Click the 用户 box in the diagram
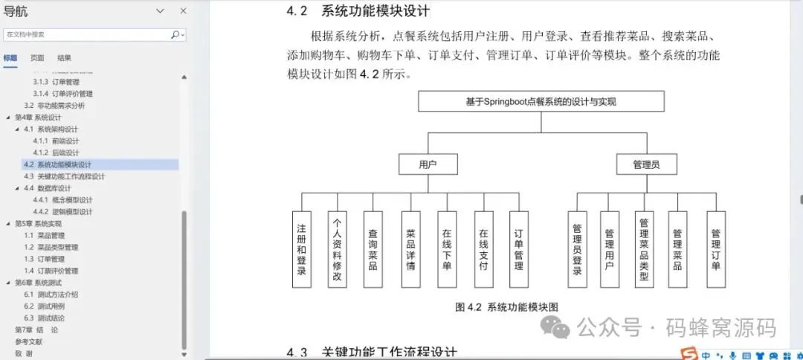[428, 164]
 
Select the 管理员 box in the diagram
[645, 164]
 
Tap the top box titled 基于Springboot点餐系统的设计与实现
[541, 101]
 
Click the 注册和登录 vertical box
[301, 249]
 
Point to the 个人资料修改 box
[337, 249]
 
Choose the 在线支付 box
[483, 249]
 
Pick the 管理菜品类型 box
[644, 249]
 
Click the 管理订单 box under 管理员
[715, 249]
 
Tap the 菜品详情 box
[410, 249]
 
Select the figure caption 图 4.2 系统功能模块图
[506, 306]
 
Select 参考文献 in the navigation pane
[28, 341]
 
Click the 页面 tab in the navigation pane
[37, 58]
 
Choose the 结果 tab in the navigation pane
[65, 58]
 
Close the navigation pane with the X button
[184, 10]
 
